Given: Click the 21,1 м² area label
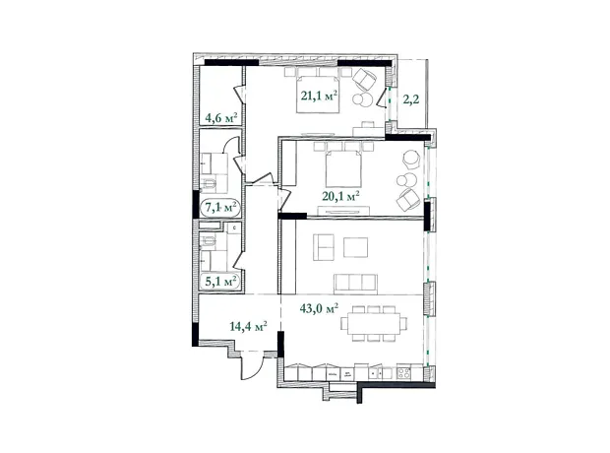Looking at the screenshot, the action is pyautogui.click(x=319, y=96).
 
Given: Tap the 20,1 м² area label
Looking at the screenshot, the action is pyautogui.click(x=340, y=195).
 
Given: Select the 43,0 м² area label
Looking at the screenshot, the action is pyautogui.click(x=319, y=308).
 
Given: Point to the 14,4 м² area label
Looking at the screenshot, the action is pyautogui.click(x=248, y=326).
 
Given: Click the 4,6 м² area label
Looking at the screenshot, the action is pyautogui.click(x=221, y=117).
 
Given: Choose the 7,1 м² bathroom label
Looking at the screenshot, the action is pyautogui.click(x=220, y=207).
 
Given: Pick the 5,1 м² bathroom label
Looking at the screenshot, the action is pyautogui.click(x=220, y=281).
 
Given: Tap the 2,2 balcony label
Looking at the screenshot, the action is pyautogui.click(x=411, y=99).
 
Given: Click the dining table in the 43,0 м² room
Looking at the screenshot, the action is pyautogui.click(x=374, y=323).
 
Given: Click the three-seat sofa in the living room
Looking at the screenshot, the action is pyautogui.click(x=355, y=284).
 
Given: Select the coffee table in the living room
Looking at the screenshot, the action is pyautogui.click(x=355, y=247).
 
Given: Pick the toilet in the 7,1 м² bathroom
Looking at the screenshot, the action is pyautogui.click(x=210, y=185).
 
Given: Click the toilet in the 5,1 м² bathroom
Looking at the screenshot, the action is pyautogui.click(x=208, y=242).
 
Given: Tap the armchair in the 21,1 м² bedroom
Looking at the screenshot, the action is pyautogui.click(x=364, y=78).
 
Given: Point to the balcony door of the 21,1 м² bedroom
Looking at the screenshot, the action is pyautogui.click(x=385, y=97).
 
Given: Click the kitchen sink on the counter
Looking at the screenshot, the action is pyautogui.click(x=376, y=373).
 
